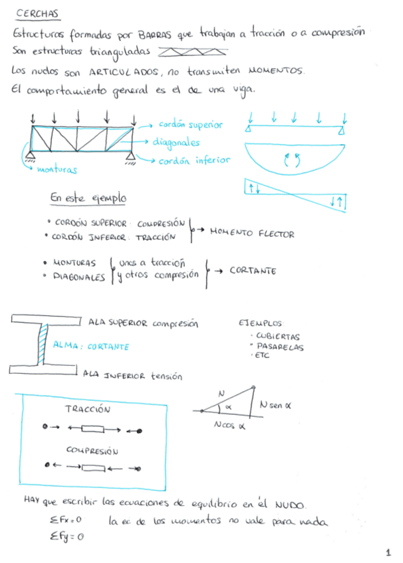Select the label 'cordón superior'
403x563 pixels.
point(191,124)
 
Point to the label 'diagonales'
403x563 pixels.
point(176,142)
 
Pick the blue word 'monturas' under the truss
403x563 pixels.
point(57,170)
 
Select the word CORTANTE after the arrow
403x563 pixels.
point(253,271)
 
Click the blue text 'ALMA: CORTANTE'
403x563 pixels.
point(91,346)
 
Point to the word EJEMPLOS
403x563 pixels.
point(260,324)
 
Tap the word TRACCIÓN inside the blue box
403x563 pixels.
point(91,410)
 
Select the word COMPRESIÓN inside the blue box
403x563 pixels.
point(92,450)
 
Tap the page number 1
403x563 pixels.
point(388,552)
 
